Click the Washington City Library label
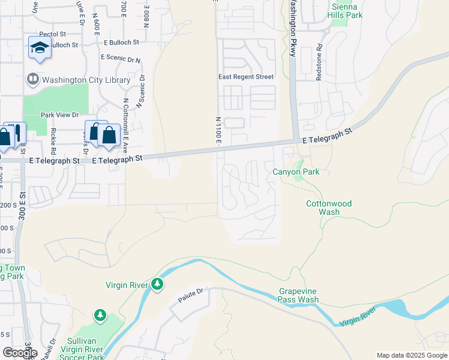click(85, 80)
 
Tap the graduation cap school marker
click(40, 47)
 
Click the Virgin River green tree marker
click(157, 283)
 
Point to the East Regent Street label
click(246, 77)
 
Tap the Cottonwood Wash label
click(328, 208)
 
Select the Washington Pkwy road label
click(293, 28)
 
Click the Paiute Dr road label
click(191, 295)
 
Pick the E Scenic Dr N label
click(121, 58)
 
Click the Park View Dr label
click(59, 115)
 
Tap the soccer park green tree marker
click(100, 315)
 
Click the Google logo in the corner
click(20, 352)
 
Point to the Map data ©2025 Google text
click(412, 355)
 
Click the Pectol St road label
click(52, 35)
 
